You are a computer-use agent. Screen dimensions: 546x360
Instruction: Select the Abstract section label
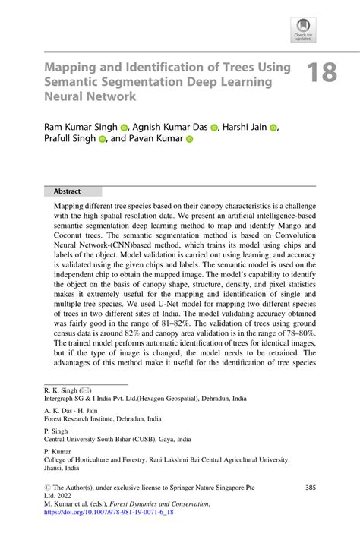point(67,191)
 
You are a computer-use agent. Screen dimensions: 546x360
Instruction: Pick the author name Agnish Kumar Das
point(168,126)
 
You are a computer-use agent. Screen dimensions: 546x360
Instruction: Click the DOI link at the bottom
point(99,513)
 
